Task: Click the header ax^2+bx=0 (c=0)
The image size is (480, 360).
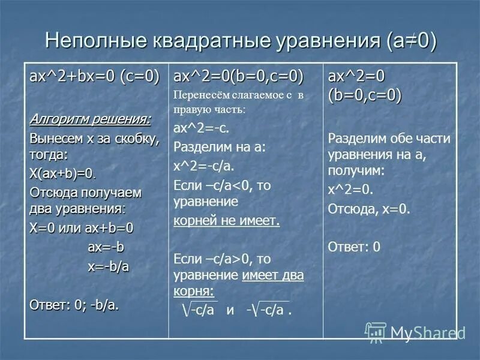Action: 94,76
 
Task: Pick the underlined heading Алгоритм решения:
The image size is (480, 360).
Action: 91,119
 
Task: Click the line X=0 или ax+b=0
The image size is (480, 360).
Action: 82,229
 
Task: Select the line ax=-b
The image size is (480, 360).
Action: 106,247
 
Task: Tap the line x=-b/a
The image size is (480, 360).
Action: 108,266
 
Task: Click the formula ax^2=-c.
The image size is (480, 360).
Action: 201,128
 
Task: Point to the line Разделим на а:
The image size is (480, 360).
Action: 219,147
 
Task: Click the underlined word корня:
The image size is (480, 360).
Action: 194,291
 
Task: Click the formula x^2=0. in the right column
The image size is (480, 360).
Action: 350,190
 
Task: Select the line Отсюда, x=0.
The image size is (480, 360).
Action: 369,208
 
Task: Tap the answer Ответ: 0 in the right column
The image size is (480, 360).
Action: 354,247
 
